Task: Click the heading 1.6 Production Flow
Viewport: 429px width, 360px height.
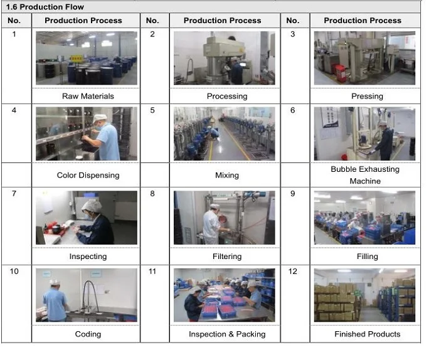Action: tap(45, 7)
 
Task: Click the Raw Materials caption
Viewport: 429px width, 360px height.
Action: tap(88, 96)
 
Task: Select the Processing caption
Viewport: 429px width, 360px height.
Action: tap(227, 96)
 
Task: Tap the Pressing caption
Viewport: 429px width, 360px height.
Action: tap(367, 96)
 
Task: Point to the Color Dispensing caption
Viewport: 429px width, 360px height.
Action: tap(88, 175)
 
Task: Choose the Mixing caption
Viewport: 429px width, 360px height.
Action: tap(227, 175)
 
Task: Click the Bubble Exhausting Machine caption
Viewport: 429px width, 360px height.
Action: tap(365, 175)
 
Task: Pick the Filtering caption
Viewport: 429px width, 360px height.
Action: tap(227, 257)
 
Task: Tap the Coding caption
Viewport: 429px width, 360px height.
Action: tap(88, 334)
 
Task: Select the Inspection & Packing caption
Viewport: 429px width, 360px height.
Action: tap(227, 334)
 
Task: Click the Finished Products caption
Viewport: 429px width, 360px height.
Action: tap(367, 334)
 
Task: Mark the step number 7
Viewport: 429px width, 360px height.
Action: tap(14, 193)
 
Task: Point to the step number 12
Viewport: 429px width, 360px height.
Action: tap(292, 271)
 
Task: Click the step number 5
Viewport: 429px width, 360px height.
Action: tap(152, 110)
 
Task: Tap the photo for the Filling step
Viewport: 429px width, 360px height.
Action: tap(364, 218)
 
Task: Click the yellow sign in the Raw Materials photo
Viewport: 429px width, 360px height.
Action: tap(76, 58)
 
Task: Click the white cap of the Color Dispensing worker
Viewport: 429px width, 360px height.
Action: tap(100, 118)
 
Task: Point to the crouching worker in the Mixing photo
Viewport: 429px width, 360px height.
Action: tap(214, 133)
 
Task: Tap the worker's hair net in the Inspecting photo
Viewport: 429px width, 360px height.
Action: tap(92, 206)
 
